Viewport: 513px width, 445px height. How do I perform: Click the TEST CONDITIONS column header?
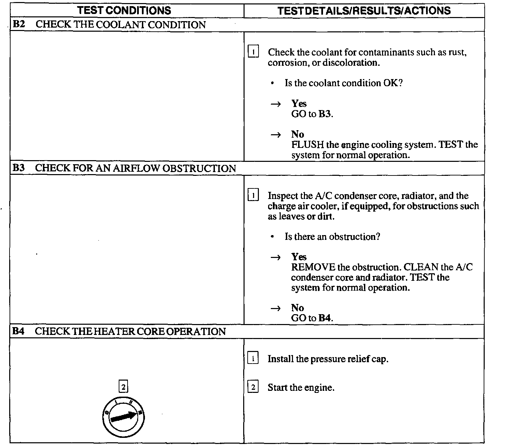coord(124,11)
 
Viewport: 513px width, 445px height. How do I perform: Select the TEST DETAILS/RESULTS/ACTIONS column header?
coord(364,11)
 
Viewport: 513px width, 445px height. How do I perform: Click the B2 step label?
coord(19,25)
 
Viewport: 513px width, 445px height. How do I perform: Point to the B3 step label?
coord(19,168)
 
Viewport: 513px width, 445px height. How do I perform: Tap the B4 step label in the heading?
coord(19,332)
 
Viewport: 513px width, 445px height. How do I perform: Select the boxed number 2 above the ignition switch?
coord(123,387)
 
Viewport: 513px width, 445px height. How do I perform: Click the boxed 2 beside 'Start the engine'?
coord(253,387)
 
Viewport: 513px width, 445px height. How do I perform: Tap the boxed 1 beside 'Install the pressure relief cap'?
coord(253,359)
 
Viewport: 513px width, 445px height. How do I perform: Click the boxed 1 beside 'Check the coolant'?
coord(253,52)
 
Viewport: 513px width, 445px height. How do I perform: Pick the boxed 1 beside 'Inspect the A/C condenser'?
coord(253,196)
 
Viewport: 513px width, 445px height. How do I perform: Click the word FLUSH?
coord(307,145)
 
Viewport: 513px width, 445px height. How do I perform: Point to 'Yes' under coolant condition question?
coord(299,104)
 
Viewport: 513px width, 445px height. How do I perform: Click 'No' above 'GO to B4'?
coord(297,308)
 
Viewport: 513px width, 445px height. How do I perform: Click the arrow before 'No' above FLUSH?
coord(276,135)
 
